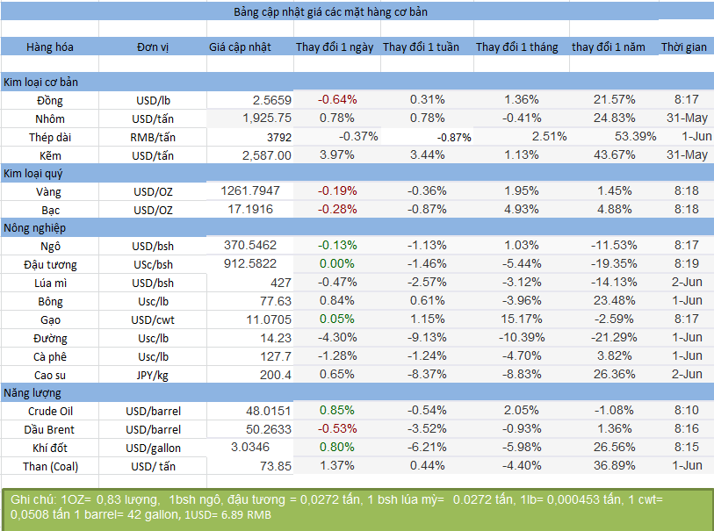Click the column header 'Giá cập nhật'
click(241, 47)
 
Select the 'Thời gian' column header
click(683, 47)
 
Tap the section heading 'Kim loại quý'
click(34, 173)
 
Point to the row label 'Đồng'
click(50, 100)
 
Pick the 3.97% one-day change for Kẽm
click(337, 154)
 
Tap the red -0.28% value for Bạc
click(337, 210)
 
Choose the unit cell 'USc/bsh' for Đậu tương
click(153, 264)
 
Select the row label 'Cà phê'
click(50, 356)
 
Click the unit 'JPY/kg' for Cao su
click(153, 375)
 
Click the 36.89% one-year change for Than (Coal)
click(614, 465)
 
